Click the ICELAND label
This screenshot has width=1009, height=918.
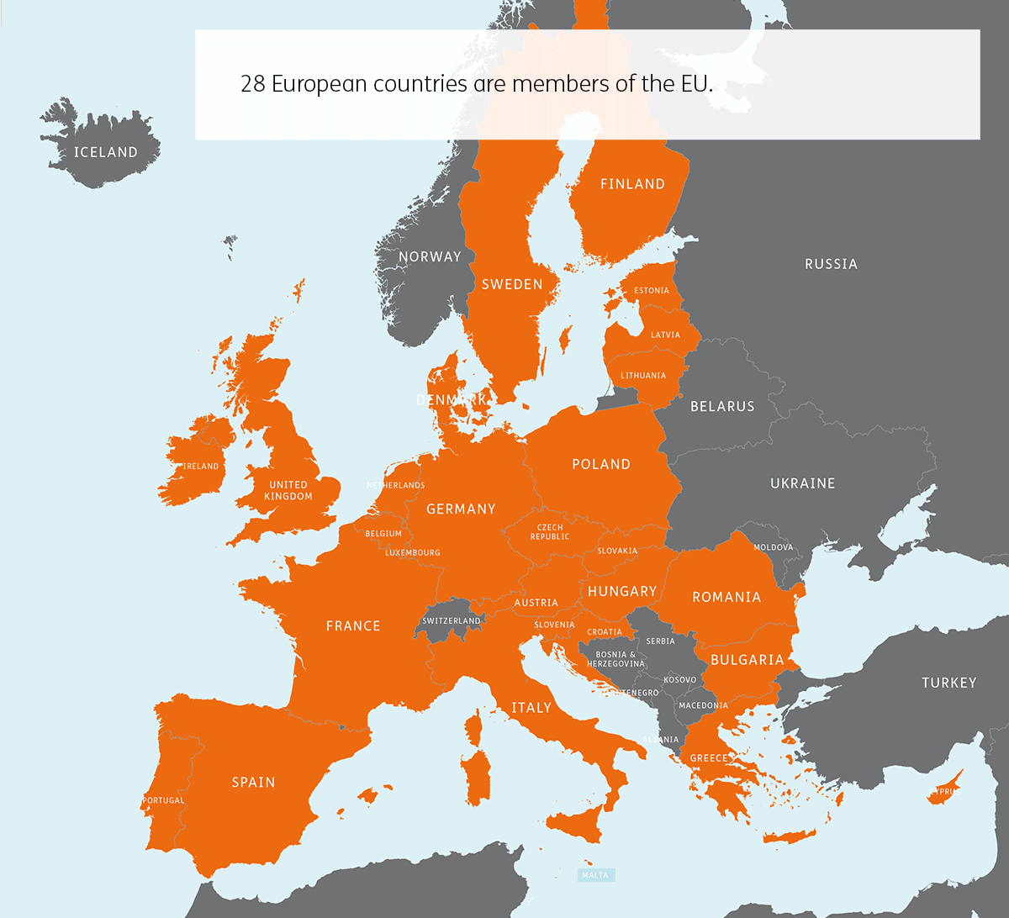105,152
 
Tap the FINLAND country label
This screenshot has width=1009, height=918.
632,184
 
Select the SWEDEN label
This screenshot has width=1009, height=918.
512,285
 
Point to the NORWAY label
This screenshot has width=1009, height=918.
430,256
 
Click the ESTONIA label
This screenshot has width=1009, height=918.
652,291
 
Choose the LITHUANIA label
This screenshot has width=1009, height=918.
643,376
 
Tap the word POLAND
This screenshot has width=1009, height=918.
600,464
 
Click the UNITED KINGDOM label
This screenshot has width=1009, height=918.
288,490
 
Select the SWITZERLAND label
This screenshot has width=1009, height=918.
452,621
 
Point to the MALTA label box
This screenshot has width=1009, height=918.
595,875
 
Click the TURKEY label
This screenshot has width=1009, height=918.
948,683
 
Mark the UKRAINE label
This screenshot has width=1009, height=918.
802,483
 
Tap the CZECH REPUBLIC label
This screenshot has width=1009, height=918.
550,532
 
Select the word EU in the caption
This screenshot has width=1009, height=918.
691,84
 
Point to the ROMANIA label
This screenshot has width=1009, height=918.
726,597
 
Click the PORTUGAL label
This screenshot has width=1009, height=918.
163,800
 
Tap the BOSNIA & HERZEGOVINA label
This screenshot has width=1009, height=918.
615,659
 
